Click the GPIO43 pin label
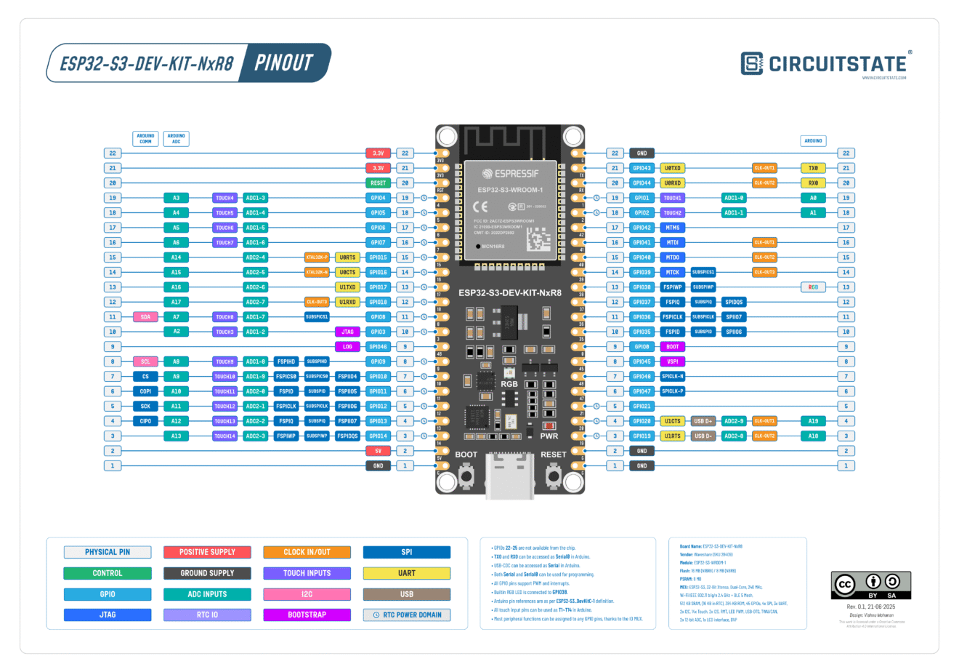click(642, 168)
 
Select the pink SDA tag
click(145, 317)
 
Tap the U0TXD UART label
click(672, 168)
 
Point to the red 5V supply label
click(378, 451)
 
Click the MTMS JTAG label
click(672, 228)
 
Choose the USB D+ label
click(703, 421)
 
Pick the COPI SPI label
click(145, 391)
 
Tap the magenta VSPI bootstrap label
click(672, 361)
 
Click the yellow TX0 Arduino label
click(813, 168)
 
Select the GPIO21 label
click(642, 407)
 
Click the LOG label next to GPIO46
click(347, 347)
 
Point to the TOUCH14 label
click(224, 436)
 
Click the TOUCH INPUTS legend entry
click(307, 573)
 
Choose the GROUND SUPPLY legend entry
click(207, 573)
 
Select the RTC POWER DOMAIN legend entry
click(407, 615)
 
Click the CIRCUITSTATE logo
click(825, 64)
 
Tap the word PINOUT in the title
click(284, 63)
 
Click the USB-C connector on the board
click(510, 476)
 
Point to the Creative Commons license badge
click(870, 585)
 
